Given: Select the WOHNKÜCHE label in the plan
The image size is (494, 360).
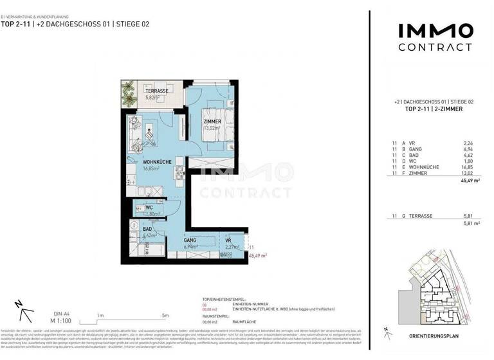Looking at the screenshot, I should click(x=157, y=162).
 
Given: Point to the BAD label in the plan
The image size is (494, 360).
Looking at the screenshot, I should click(x=147, y=228).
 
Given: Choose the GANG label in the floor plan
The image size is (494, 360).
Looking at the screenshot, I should click(x=190, y=239).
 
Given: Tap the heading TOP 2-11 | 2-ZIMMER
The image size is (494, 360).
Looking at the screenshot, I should click(x=434, y=109).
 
